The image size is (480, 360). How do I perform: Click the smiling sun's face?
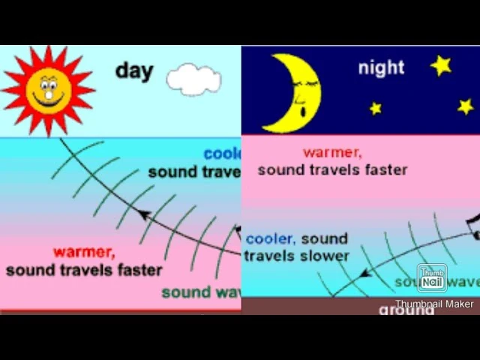[x=48, y=90]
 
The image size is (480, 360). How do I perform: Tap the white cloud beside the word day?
[x=193, y=79]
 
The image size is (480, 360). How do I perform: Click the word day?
[x=134, y=71]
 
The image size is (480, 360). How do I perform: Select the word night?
[x=381, y=67]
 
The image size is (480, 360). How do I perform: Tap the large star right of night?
[x=441, y=65]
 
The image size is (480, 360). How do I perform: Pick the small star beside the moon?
[x=376, y=109]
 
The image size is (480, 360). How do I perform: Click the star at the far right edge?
[x=466, y=106]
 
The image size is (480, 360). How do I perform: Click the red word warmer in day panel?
[x=83, y=252]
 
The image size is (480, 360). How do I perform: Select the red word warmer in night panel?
[x=331, y=153]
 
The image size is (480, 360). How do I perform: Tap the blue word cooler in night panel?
[x=269, y=239]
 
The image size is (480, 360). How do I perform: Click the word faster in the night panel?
[x=384, y=169]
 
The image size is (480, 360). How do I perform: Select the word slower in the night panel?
[x=325, y=256]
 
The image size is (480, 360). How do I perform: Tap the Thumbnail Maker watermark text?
[x=434, y=304]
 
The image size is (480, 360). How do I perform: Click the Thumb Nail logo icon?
[x=432, y=278]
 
